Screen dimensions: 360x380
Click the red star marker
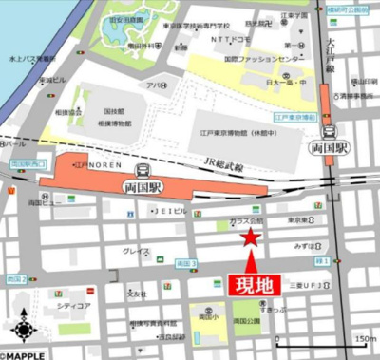click(250, 237)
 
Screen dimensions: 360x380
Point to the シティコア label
click(73, 306)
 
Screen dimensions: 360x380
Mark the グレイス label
click(137, 252)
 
